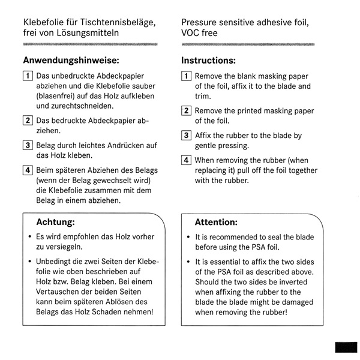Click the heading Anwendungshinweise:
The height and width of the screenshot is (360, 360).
pyautogui.click(x=71, y=61)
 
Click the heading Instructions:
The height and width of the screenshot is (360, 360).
pyautogui.click(x=208, y=61)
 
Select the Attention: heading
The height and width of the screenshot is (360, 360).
pyautogui.click(x=216, y=221)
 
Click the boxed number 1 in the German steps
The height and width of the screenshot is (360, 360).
pyautogui.click(x=28, y=76)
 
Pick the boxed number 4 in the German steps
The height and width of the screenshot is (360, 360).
pyautogui.click(x=28, y=169)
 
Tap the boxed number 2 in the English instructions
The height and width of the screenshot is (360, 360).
pyautogui.click(x=187, y=111)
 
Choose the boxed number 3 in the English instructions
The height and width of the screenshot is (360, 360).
pyautogui.click(x=187, y=136)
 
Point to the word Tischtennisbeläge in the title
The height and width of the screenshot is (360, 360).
pyautogui.click(x=117, y=23)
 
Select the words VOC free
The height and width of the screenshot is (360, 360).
pyautogui.click(x=200, y=33)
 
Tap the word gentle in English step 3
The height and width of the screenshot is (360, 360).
pyautogui.click(x=207, y=146)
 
